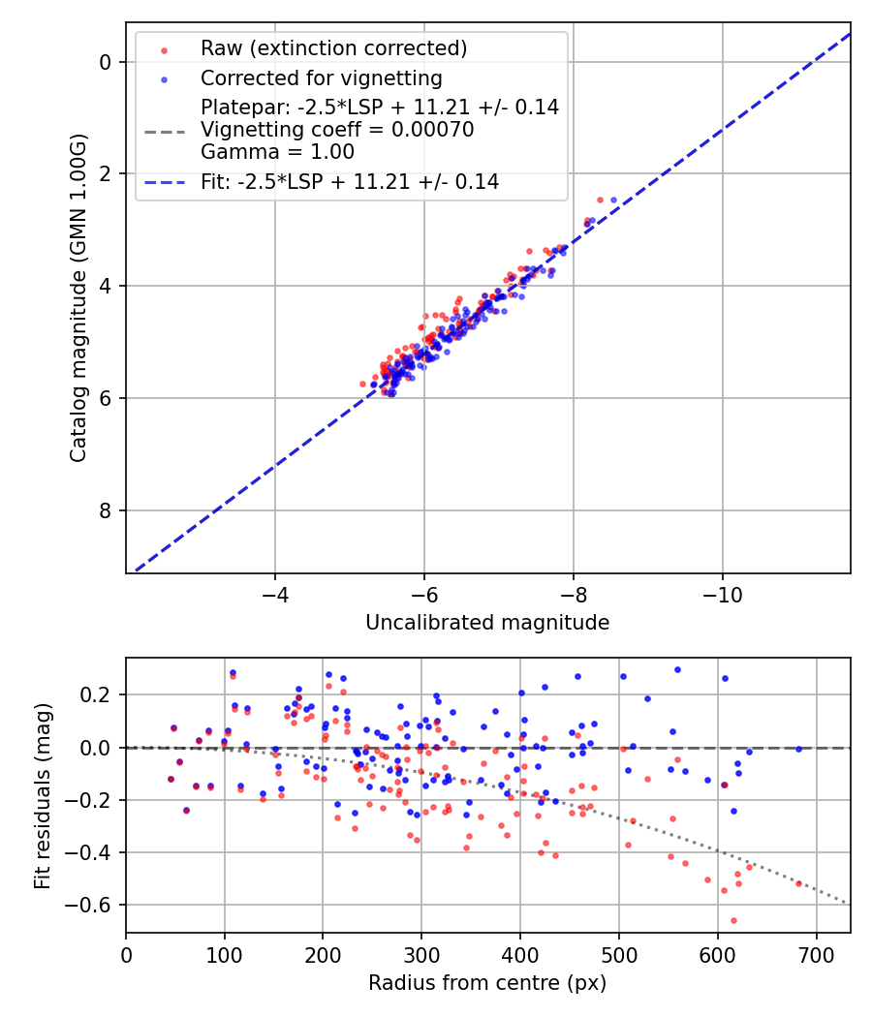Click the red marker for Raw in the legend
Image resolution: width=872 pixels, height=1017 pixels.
click(164, 49)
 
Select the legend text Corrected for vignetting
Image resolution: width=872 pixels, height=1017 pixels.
click(321, 77)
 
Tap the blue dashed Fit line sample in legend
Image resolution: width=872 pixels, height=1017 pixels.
click(164, 182)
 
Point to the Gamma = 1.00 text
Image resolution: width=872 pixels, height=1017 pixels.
click(277, 152)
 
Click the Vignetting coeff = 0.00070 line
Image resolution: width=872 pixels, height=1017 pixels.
click(337, 130)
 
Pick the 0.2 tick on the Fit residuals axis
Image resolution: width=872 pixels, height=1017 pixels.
click(103, 695)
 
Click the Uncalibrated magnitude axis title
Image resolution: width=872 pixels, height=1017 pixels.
click(487, 623)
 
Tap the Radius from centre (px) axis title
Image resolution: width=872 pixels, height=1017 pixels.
click(487, 983)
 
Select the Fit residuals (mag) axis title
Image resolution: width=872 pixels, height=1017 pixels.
click(42, 795)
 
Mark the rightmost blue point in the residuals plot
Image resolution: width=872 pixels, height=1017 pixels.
click(798, 749)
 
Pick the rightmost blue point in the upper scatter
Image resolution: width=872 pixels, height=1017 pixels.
click(612, 200)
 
